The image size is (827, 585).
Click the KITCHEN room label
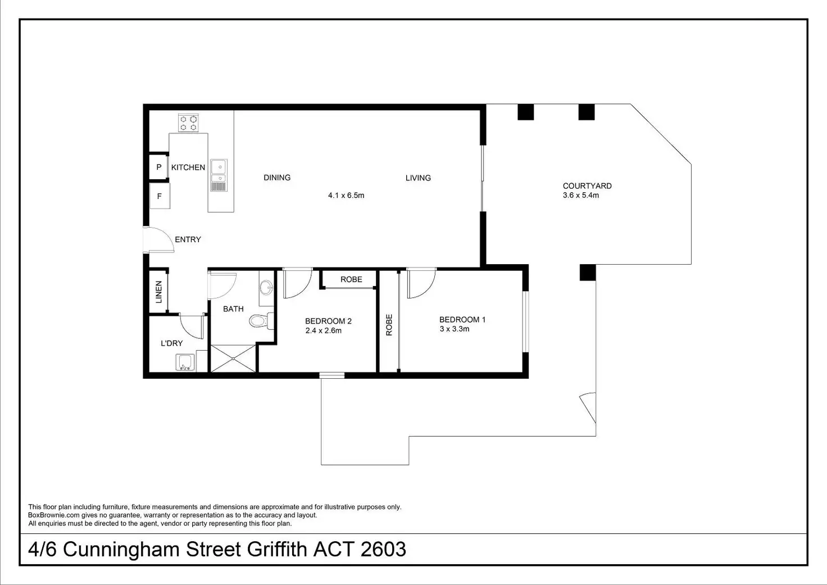188,167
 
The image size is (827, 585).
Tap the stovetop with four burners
188,123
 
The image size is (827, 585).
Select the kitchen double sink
219,175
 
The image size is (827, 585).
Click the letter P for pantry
159,167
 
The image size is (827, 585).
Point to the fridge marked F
160,196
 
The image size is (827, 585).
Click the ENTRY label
188,239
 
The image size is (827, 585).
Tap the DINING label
277,178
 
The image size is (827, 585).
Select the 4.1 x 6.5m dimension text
346,196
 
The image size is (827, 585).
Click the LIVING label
418,178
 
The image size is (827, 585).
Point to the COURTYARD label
587,186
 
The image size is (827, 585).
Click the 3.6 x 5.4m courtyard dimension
581,196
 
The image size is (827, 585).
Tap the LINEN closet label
159,292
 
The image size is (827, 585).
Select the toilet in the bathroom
261,320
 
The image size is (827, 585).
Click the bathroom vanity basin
266,287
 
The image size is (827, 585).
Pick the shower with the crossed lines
233,358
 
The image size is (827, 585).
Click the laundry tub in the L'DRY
185,362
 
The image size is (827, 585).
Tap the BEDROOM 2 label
328,321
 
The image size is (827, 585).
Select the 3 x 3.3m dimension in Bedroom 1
454,329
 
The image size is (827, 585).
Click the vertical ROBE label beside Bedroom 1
389,325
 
